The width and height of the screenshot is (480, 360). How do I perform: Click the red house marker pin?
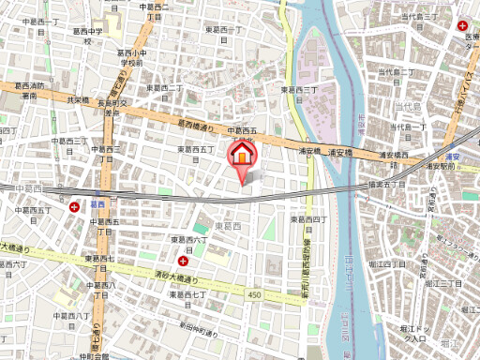click(242, 154)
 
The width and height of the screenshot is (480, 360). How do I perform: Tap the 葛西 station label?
click(97, 202)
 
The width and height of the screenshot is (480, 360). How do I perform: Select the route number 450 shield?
click(254, 296)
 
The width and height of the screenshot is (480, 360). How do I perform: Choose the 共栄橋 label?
click(78, 99)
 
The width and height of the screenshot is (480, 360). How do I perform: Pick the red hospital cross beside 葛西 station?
click(75, 204)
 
